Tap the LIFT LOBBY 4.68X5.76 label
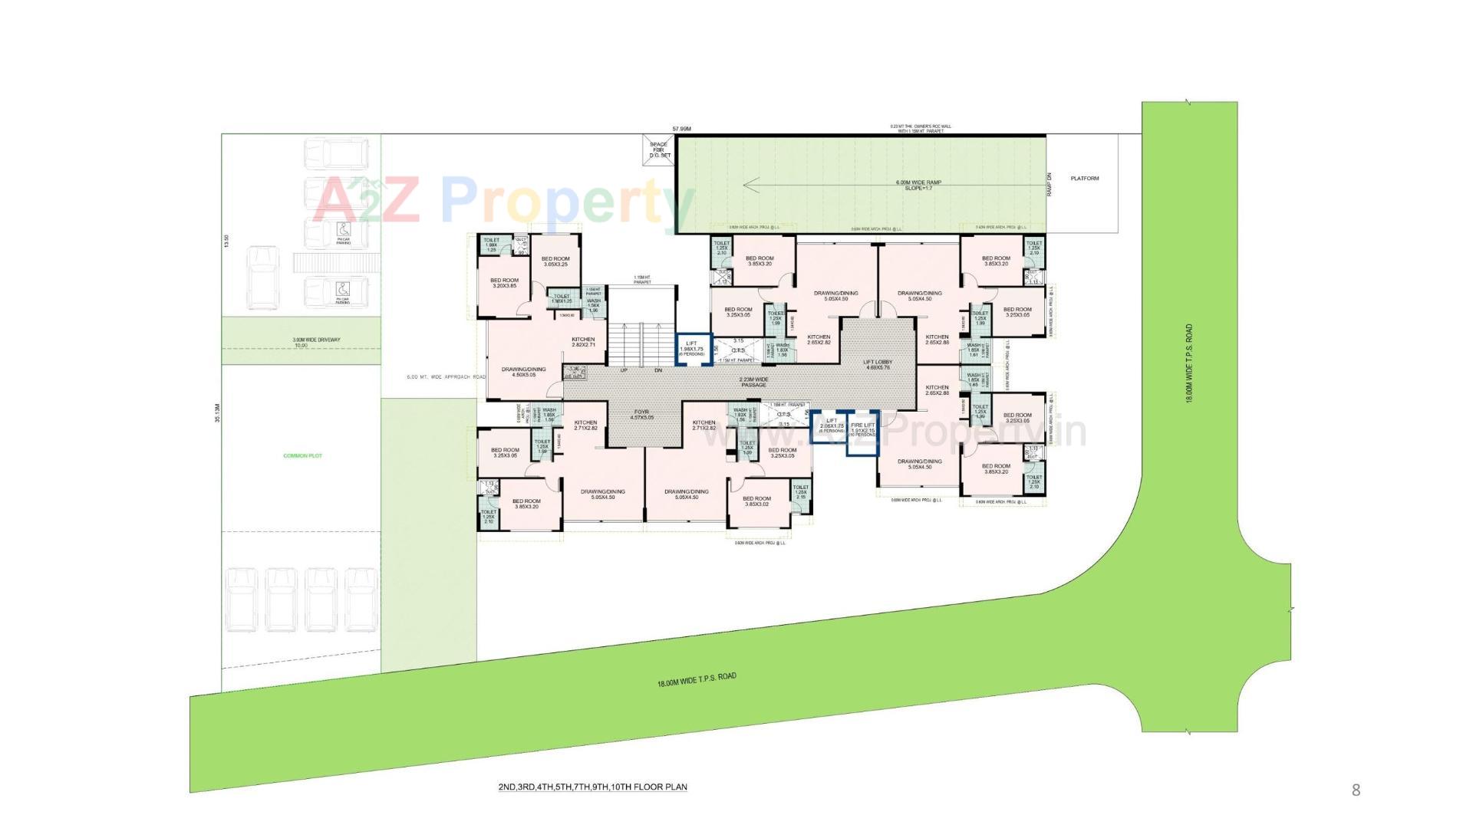(877, 364)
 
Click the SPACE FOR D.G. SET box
(659, 149)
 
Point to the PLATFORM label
(1085, 179)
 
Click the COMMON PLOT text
(302, 456)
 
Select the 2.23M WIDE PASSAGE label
(754, 382)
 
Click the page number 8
(1356, 790)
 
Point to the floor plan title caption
(592, 787)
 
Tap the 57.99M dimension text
(682, 129)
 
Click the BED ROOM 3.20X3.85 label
(504, 283)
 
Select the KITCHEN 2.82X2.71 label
(583, 342)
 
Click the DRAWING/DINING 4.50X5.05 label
(524, 372)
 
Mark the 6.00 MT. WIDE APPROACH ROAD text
(446, 377)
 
